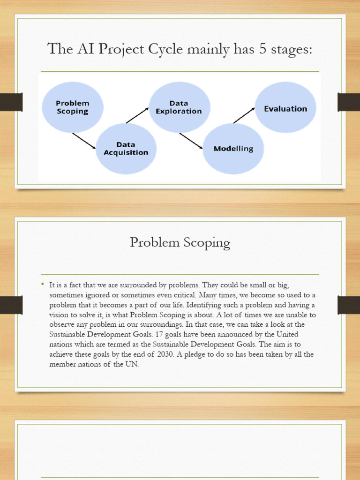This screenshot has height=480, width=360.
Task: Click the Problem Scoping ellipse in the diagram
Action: (x=72, y=107)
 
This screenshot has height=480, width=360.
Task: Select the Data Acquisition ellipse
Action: (x=126, y=149)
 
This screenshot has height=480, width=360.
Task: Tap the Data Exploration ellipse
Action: (x=179, y=107)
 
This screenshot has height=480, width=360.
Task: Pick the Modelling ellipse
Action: (x=233, y=149)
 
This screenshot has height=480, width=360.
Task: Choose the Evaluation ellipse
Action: (x=285, y=108)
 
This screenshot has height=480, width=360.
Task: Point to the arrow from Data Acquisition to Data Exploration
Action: (x=137, y=115)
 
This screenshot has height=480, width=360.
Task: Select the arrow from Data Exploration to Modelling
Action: (x=191, y=141)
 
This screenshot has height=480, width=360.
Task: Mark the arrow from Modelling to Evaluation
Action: (x=244, y=115)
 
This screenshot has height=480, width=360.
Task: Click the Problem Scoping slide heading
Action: (x=180, y=243)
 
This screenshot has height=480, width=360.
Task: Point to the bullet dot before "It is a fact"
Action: (x=43, y=284)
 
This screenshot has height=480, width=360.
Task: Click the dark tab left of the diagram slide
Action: (x=11, y=102)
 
